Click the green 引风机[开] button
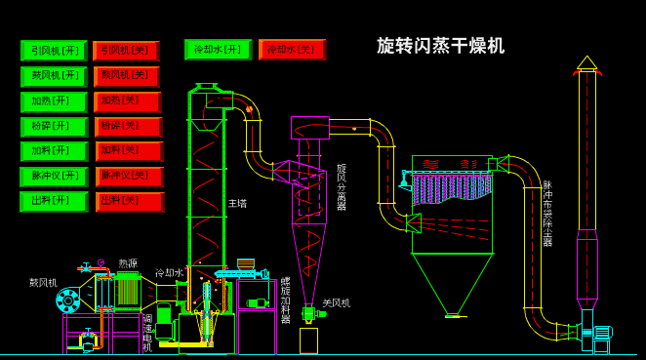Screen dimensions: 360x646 tap(54, 51)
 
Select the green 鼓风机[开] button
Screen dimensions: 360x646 tap(54, 76)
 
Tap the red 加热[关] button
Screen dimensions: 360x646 tap(127, 101)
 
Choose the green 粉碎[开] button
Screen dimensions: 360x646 tap(54, 127)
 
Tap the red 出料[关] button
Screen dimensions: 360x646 tap(129, 201)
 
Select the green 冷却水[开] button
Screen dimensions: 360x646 tap(218, 50)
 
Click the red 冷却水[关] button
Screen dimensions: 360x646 tap(292, 50)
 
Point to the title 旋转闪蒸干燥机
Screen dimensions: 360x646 tap(440, 46)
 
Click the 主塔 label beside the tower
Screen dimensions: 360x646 tap(237, 204)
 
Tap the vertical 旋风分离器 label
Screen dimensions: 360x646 tap(342, 187)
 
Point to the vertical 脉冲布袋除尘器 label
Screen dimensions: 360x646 tap(547, 213)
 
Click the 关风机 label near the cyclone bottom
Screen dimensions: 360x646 tap(336, 303)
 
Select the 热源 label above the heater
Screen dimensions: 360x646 tap(128, 263)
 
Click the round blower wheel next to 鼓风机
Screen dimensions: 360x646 tap(68, 300)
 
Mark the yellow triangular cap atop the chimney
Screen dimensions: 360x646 tap(586, 63)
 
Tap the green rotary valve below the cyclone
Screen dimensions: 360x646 tap(308, 314)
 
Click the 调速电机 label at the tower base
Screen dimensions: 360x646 tap(147, 333)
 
